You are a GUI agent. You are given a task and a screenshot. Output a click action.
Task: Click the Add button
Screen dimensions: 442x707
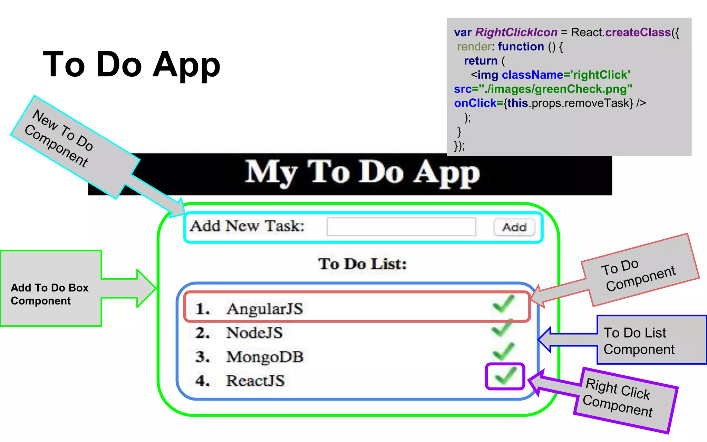pyautogui.click(x=514, y=227)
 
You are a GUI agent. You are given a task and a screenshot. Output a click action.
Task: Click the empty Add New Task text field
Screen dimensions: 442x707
pyautogui.click(x=401, y=227)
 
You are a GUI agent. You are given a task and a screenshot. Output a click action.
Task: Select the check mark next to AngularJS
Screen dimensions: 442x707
pyautogui.click(x=504, y=304)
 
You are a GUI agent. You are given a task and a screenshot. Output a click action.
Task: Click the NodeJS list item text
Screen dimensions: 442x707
pyautogui.click(x=254, y=333)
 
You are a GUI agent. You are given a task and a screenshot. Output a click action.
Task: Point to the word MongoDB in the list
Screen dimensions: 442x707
pyautogui.click(x=265, y=357)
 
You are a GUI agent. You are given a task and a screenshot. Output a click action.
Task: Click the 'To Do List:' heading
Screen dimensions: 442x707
pyautogui.click(x=362, y=264)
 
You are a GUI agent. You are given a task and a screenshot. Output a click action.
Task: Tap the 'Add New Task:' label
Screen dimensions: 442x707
pyautogui.click(x=247, y=226)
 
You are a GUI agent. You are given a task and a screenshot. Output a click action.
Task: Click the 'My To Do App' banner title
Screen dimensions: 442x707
pyautogui.click(x=362, y=173)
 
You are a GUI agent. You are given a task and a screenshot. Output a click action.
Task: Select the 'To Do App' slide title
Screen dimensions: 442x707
pyautogui.click(x=132, y=65)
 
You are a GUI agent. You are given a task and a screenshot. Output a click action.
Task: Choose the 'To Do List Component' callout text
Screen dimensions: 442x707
pyautogui.click(x=639, y=341)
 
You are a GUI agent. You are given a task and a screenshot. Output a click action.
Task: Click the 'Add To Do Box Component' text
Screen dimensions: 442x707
pyautogui.click(x=50, y=294)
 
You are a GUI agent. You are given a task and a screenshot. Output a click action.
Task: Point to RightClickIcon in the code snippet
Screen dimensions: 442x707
pyautogui.click(x=516, y=32)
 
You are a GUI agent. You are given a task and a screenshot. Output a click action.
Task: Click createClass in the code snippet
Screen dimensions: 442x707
pyautogui.click(x=638, y=32)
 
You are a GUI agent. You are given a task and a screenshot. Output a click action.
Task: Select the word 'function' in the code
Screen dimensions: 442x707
pyautogui.click(x=521, y=47)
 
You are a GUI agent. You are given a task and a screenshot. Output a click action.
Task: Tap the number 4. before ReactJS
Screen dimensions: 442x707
pyautogui.click(x=202, y=381)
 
